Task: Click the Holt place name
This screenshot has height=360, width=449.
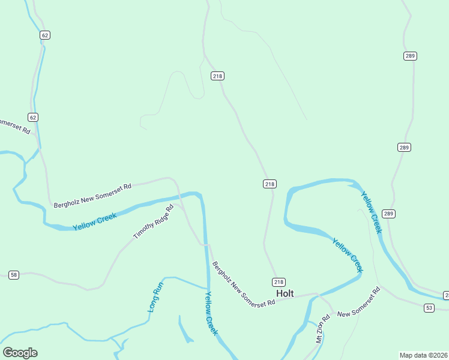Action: click(285, 293)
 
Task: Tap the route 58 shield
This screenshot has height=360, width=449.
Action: click(14, 275)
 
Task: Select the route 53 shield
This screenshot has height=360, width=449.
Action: click(429, 308)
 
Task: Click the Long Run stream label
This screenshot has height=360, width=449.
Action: click(155, 296)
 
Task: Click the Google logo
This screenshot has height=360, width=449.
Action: click(20, 353)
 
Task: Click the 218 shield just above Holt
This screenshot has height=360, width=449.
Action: click(279, 282)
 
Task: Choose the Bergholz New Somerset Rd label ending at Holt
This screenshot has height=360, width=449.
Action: click(243, 284)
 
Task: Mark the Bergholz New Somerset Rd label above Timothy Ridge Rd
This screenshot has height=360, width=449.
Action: click(92, 196)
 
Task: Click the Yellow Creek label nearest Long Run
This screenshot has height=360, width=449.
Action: click(212, 313)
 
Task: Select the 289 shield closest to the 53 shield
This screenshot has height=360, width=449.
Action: click(389, 214)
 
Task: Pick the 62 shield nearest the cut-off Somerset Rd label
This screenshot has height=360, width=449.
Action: click(33, 117)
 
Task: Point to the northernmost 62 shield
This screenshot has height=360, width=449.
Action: click(45, 35)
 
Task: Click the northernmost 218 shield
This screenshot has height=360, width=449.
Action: click(217, 76)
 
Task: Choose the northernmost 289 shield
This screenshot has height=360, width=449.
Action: click(410, 56)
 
